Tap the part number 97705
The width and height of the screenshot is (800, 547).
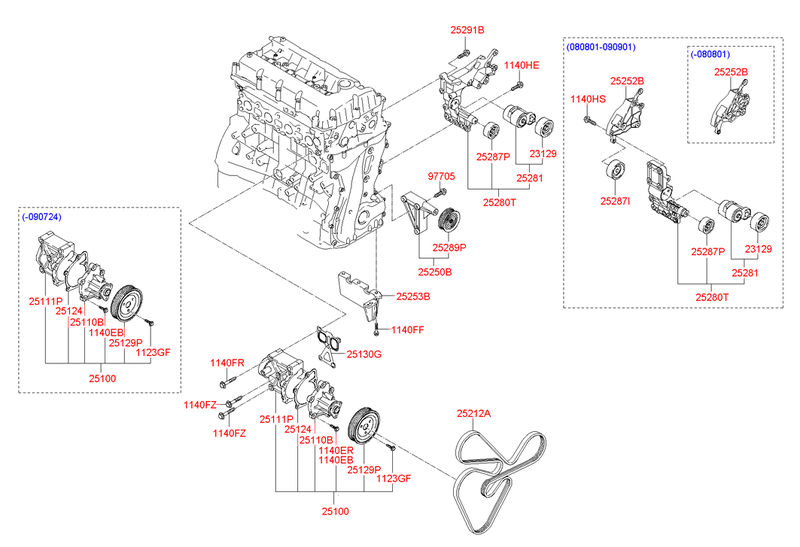[x=441, y=176]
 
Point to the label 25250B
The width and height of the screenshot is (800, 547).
[x=435, y=270]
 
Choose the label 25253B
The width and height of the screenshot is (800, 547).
[x=412, y=297]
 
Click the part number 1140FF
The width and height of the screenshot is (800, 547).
[x=407, y=329]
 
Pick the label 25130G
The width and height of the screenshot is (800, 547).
[x=364, y=352]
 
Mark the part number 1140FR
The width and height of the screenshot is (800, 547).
[x=227, y=362]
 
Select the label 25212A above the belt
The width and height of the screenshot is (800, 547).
[x=474, y=414]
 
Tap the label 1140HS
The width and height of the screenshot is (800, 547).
[x=588, y=99]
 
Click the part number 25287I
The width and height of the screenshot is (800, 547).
[x=615, y=201]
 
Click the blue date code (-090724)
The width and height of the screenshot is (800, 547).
[x=41, y=216]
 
